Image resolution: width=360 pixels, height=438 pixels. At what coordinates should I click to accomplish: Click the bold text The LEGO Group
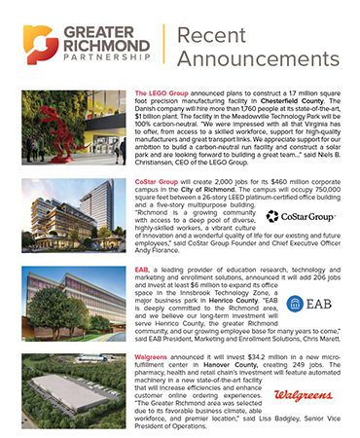pyautogui.click(x=160, y=91)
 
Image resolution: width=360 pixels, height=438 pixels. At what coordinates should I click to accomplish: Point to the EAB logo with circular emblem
pyautogui.click(x=306, y=305)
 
